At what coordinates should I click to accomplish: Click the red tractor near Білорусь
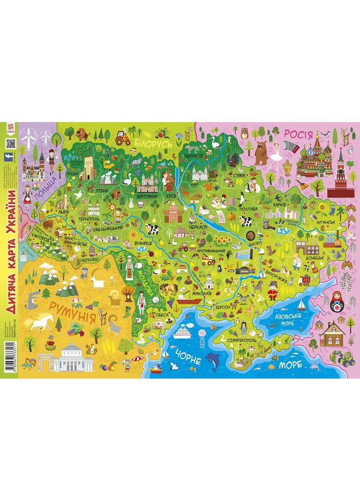(123, 139)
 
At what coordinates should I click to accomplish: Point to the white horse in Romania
(38, 323)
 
